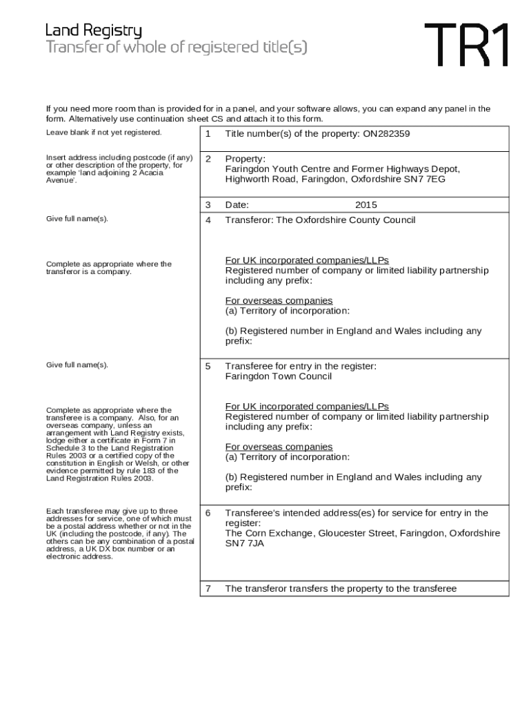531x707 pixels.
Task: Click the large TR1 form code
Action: (x=467, y=45)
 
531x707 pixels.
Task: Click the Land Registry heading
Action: (x=94, y=30)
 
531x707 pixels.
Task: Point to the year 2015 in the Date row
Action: (x=366, y=205)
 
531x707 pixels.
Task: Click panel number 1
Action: (x=208, y=134)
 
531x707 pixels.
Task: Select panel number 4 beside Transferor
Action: (x=208, y=220)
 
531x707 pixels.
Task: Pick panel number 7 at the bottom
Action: (x=208, y=589)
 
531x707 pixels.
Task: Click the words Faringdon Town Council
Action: (x=279, y=376)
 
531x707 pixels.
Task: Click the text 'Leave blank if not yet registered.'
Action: (x=103, y=132)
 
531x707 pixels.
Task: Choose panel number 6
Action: (x=208, y=513)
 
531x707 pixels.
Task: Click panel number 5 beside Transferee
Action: (x=208, y=366)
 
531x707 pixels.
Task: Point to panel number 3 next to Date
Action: (x=208, y=205)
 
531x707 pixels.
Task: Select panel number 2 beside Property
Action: (x=208, y=158)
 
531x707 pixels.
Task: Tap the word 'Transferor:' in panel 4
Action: (x=249, y=220)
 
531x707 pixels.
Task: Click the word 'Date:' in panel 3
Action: (x=237, y=205)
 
